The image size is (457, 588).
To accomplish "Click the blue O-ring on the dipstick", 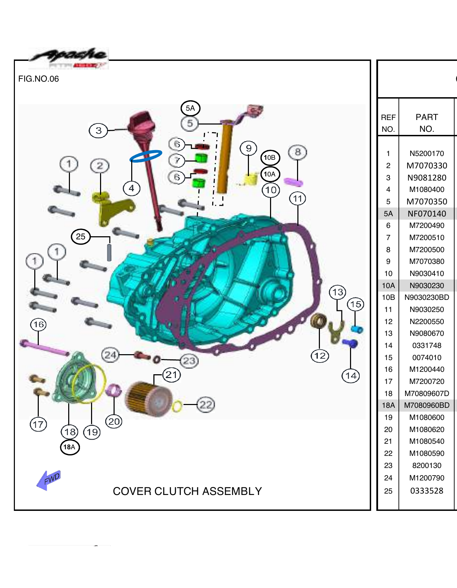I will click(x=146, y=156).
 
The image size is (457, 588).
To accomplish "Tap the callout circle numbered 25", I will click(x=81, y=237).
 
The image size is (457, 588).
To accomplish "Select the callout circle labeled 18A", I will click(x=70, y=447).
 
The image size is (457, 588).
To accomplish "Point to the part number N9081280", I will click(x=427, y=178).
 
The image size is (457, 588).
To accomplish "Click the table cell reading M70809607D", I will click(x=427, y=394).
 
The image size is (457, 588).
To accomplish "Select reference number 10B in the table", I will click(x=388, y=297).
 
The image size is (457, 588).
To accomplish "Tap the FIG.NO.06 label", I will click(x=38, y=79).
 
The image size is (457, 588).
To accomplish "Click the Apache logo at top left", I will click(x=69, y=58).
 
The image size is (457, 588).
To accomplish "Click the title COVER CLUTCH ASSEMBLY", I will click(x=187, y=491).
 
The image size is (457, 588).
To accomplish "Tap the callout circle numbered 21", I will click(x=171, y=375).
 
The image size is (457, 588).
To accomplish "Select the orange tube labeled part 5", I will click(x=224, y=159).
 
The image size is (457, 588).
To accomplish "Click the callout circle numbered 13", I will click(x=338, y=292).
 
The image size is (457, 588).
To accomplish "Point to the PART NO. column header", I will click(x=427, y=123).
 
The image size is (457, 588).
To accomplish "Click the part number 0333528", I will click(x=427, y=491).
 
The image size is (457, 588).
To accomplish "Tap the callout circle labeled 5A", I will click(x=190, y=108).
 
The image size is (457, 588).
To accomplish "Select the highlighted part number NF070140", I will click(x=427, y=214).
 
